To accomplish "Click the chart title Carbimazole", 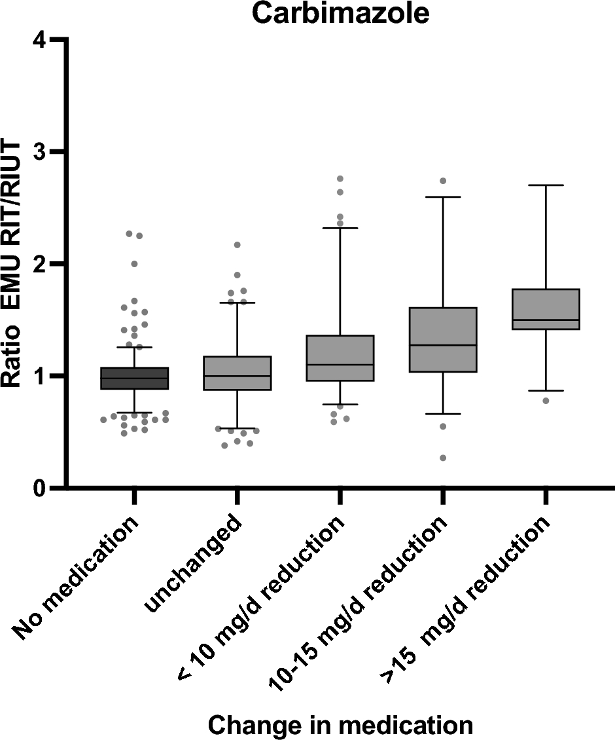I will [x=341, y=14].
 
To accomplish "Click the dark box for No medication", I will [x=134, y=378].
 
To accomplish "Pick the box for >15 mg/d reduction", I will [x=546, y=309].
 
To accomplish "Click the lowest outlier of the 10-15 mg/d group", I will [x=443, y=458].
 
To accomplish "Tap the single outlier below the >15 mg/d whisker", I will [x=546, y=400].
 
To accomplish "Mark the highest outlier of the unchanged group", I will [x=237, y=245].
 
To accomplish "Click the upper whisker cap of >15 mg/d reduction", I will [x=546, y=185].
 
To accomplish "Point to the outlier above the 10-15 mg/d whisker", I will [x=443, y=181].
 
